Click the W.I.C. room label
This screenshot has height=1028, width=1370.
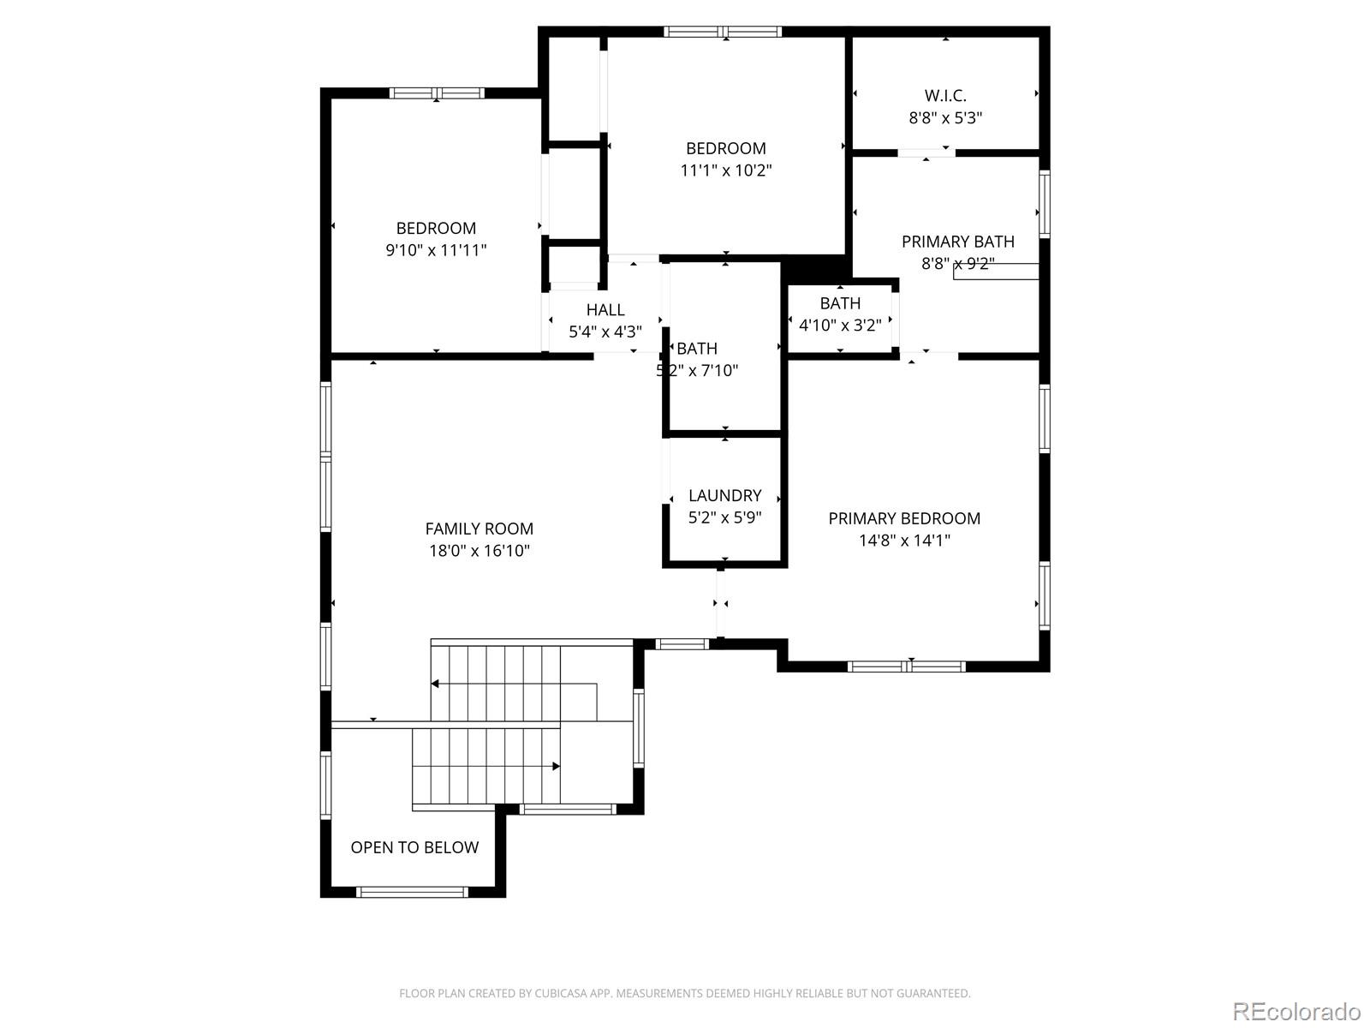coord(945,95)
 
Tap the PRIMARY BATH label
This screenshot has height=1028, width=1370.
coord(957,242)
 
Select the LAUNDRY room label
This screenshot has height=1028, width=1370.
coord(724,495)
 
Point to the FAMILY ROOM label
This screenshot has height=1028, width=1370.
coord(479,529)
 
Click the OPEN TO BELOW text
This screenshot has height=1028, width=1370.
coord(414,847)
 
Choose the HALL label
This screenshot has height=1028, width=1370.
coord(605,310)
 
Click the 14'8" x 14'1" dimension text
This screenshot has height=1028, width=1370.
coord(904,541)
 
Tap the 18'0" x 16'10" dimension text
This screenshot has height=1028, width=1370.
coord(479,551)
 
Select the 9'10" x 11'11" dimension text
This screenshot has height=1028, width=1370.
coord(436,250)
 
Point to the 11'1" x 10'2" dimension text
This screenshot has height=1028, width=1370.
coord(726,170)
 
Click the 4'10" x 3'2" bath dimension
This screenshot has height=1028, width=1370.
coord(840,326)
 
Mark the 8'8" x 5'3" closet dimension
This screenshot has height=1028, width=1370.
coord(945,118)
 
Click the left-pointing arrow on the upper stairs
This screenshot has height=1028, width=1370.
coord(436,684)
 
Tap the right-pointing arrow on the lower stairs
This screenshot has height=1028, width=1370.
coord(556,766)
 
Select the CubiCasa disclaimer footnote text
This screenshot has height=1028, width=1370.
coord(684,994)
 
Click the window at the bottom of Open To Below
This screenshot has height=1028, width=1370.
coord(412,892)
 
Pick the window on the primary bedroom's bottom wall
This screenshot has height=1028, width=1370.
coord(907,666)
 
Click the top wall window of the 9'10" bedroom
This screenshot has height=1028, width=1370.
coord(437,93)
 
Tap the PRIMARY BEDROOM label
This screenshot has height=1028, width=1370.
coord(904,518)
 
